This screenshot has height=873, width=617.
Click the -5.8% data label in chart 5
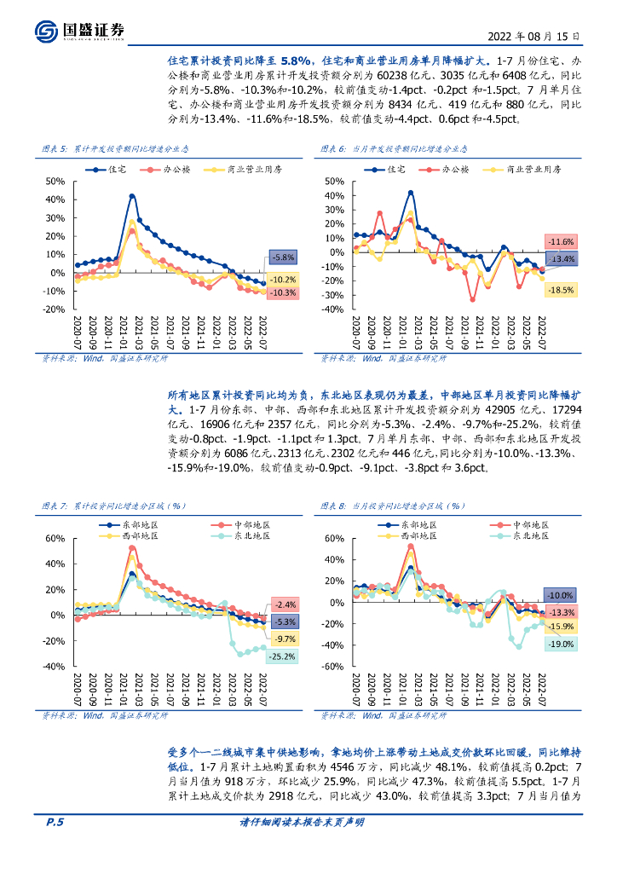283,257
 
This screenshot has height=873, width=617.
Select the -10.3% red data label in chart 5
282,292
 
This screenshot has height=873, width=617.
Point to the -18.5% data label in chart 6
561,290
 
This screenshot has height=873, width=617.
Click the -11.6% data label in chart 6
560,242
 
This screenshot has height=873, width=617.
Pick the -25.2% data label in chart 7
282,656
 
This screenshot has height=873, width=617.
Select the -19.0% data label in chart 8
561,645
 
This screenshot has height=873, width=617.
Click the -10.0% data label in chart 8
560,594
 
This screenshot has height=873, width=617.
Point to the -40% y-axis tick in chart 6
332,309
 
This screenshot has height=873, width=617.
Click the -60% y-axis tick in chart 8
332,667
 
